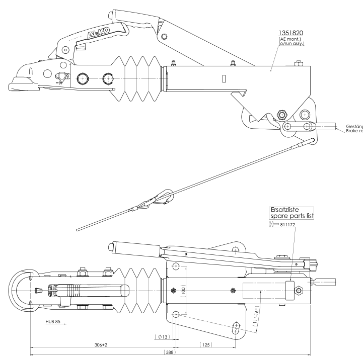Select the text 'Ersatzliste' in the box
281,209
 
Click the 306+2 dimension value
102,346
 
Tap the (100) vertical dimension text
185,293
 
